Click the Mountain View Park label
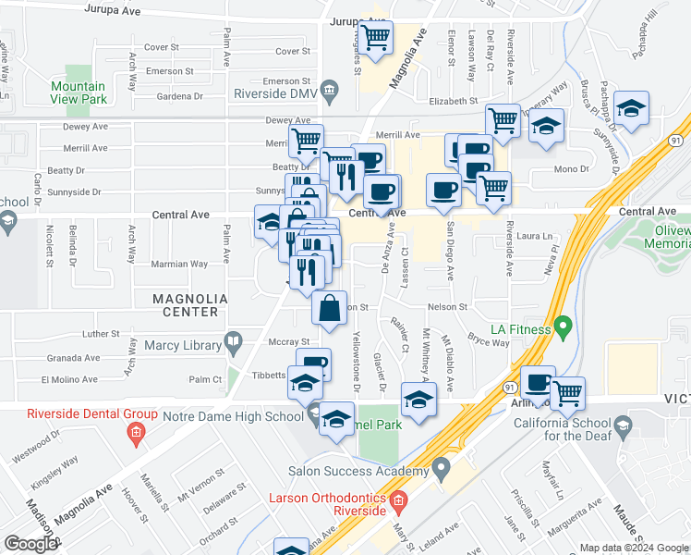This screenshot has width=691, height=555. click(79, 92)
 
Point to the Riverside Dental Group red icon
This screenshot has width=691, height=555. click(135, 432)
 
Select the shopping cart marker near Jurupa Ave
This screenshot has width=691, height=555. click(376, 38)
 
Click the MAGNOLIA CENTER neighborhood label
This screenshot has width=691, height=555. click(189, 300)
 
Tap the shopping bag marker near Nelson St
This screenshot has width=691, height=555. click(330, 309)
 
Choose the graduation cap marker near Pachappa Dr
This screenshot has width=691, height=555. click(631, 108)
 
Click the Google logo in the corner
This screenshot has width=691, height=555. click(30, 543)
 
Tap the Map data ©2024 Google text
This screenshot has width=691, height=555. click(633, 548)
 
